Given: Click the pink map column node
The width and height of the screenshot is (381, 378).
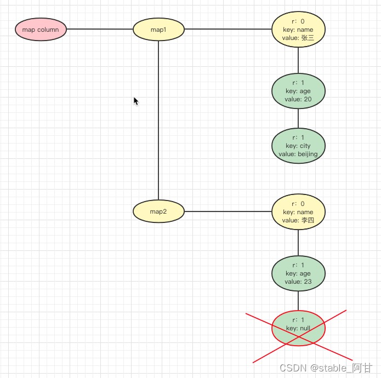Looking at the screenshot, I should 41,29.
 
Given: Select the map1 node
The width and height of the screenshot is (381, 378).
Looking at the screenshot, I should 158,30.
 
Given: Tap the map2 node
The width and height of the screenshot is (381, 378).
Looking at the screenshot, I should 158,211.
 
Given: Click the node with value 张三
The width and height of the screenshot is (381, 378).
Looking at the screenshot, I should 298,30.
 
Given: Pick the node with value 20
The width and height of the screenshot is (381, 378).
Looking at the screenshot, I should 298,91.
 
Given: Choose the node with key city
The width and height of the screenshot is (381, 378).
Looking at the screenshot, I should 298,146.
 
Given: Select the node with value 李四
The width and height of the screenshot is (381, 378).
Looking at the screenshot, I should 298,212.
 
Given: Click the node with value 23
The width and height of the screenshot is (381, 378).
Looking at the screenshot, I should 298,273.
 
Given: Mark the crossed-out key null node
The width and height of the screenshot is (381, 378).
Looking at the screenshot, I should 298,328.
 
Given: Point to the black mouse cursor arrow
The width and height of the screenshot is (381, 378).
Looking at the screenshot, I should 136,101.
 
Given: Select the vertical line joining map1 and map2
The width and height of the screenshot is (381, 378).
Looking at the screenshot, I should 158,121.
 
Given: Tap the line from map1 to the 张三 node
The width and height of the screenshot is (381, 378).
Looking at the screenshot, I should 228,29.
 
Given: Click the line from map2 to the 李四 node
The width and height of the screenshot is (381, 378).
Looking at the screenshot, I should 228,211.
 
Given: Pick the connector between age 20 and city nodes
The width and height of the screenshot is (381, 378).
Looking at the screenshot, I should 298,118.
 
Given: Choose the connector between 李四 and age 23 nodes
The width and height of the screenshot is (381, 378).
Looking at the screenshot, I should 298,243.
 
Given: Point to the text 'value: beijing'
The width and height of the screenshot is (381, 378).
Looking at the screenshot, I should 298,154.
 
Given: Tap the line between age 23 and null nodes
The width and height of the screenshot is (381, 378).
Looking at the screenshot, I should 298,300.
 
